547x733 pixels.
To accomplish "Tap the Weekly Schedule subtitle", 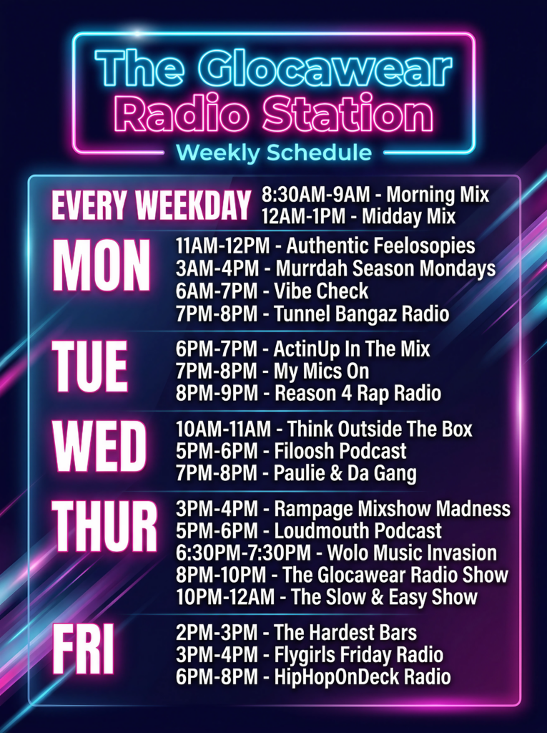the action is (274, 153).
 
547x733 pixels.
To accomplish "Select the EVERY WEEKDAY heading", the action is (151, 205).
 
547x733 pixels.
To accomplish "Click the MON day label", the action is (102, 266).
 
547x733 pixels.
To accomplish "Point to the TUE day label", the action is (89, 366).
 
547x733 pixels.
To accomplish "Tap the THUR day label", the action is (104, 527).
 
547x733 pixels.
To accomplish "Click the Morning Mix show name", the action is (438, 195).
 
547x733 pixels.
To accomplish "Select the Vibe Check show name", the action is (321, 291).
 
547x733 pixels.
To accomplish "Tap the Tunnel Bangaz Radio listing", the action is (312, 314).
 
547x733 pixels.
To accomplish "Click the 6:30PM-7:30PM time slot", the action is (243, 553).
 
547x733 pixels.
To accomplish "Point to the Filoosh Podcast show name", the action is (340, 451).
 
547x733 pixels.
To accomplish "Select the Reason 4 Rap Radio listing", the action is (308, 394).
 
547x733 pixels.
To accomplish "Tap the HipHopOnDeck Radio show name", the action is (363, 677).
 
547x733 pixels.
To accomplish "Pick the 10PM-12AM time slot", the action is (225, 597).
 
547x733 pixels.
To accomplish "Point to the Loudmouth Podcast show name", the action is (358, 531).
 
